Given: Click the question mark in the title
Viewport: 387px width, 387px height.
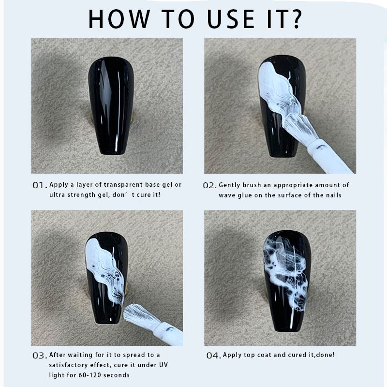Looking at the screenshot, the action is tap(295, 19).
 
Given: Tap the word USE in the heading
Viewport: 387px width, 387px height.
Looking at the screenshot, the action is tap(231, 19).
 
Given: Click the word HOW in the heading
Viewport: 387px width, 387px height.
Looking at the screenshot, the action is tap(119, 19).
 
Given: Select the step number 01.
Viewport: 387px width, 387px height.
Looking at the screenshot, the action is tap(40, 185).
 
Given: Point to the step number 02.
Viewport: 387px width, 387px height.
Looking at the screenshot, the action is tap(209, 186).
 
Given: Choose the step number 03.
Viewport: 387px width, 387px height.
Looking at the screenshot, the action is tap(40, 356).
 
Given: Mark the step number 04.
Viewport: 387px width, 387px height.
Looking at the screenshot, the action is tap(213, 356).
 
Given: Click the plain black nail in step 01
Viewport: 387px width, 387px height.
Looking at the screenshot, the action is tap(111, 105).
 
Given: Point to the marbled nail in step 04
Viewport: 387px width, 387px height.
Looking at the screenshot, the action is tap(286, 281).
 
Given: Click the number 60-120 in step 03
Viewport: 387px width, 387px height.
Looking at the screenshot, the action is tap(90, 375).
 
